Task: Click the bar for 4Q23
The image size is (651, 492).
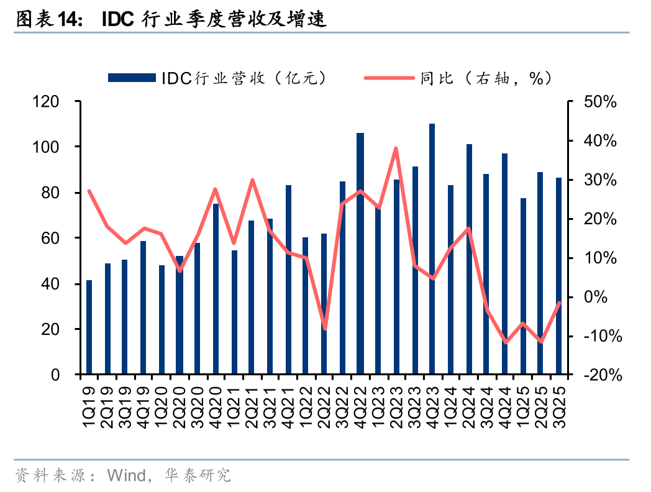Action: [432, 248]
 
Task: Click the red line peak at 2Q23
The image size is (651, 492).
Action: [396, 148]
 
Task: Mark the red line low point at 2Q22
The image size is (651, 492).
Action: [324, 329]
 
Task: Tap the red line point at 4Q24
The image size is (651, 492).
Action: [506, 342]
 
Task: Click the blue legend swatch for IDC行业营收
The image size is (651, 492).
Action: [131, 78]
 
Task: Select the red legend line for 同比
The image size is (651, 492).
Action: [389, 78]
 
